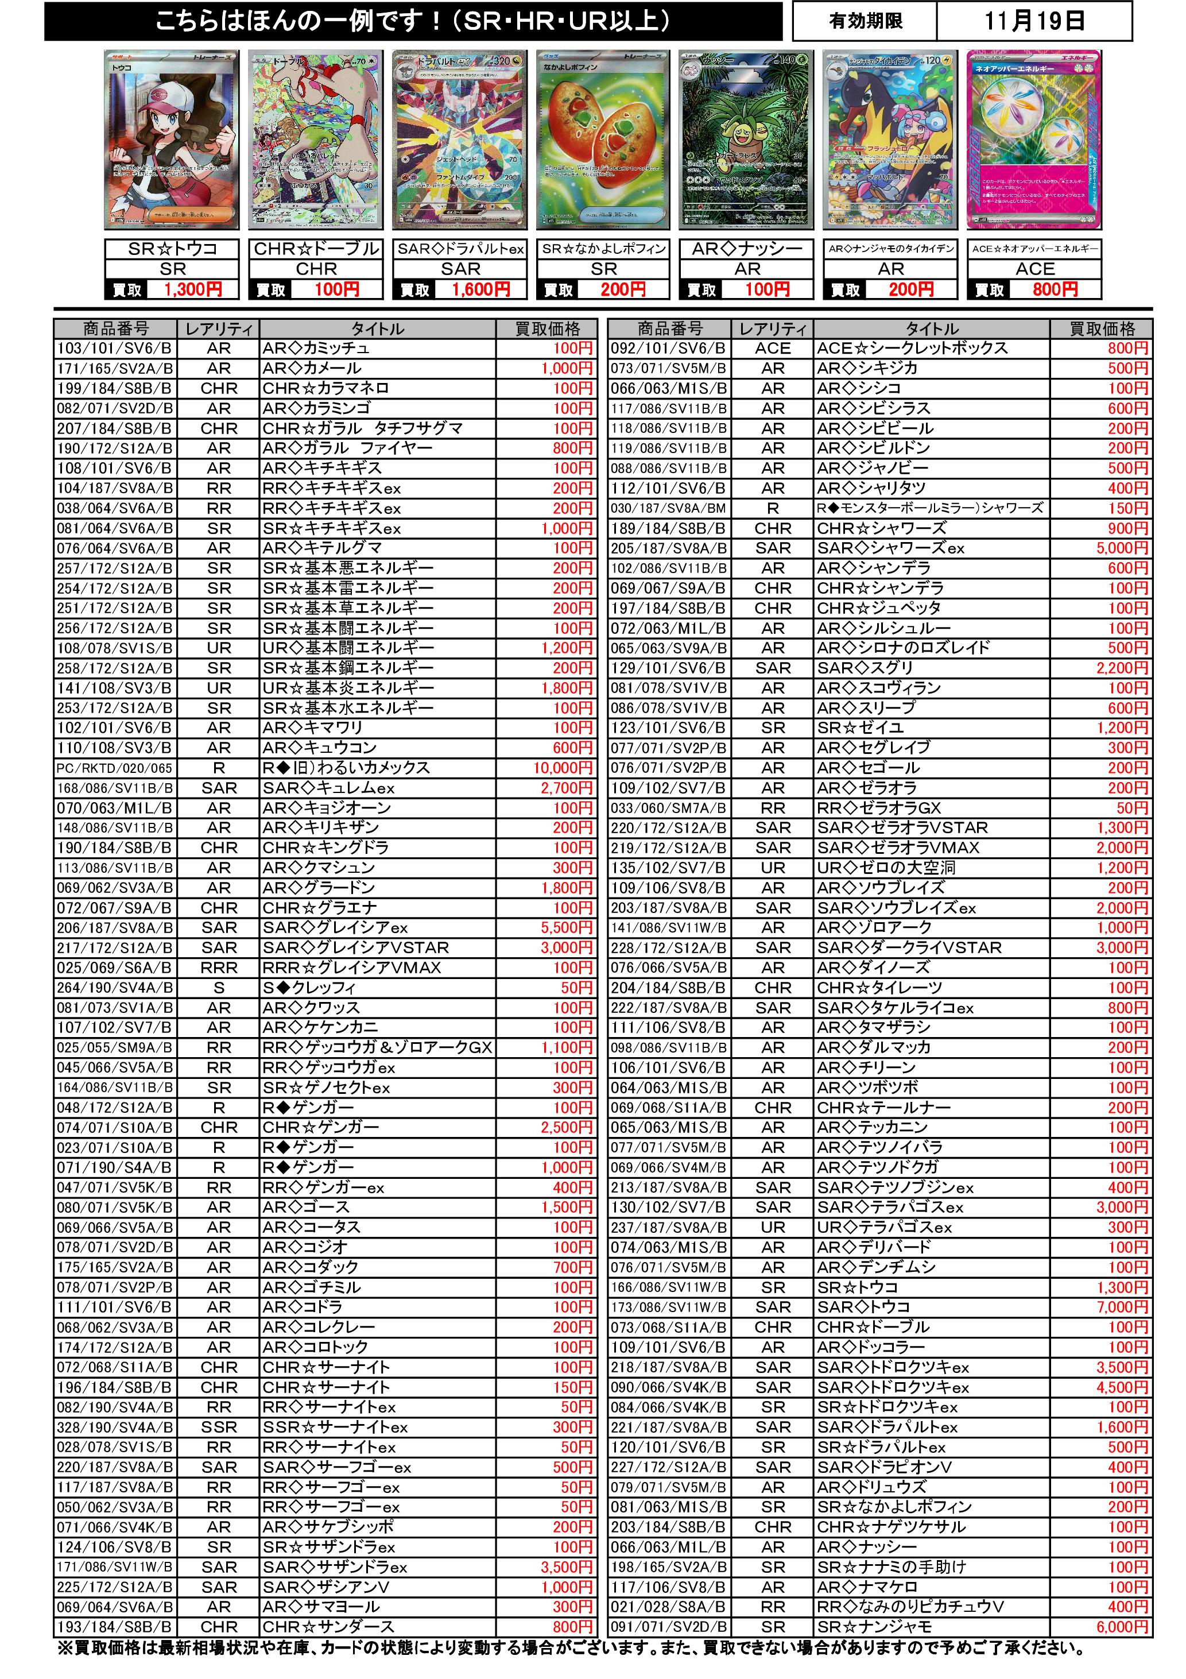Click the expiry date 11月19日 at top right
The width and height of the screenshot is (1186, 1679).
[1033, 21]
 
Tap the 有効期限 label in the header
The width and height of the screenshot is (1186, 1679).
[865, 21]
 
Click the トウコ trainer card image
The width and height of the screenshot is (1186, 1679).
[172, 140]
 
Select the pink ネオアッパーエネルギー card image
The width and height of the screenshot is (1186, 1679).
[1034, 140]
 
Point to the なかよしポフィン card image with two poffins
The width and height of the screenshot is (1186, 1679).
[603, 140]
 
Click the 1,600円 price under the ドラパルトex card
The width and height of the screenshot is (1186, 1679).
[480, 289]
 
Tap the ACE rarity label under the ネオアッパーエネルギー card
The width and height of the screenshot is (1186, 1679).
[1034, 269]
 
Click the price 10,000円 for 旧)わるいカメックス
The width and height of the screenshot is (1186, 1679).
[563, 768]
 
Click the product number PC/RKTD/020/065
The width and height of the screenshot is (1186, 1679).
[115, 768]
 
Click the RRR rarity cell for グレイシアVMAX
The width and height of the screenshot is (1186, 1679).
[219, 968]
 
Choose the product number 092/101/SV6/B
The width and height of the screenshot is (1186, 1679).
[668, 348]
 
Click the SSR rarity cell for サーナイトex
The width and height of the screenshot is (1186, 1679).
[219, 1427]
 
